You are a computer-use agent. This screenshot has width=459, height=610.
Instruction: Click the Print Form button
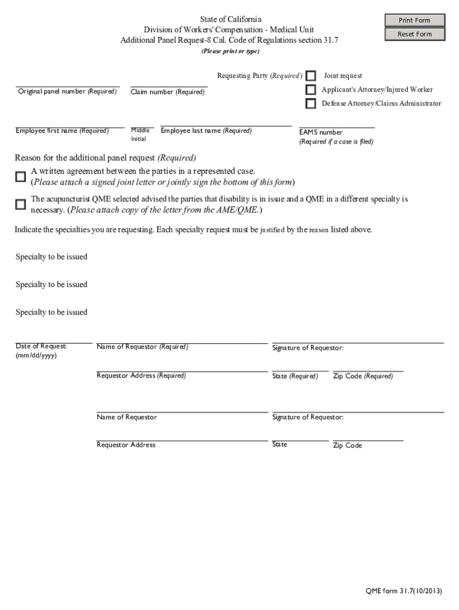tap(414, 20)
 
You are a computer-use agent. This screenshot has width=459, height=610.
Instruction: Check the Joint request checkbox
tap(311, 76)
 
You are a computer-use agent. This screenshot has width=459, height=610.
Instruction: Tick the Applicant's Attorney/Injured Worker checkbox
tap(311, 90)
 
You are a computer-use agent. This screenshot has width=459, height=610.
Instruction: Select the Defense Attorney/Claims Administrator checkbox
tap(311, 104)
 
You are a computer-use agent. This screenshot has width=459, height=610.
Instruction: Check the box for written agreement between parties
tap(21, 177)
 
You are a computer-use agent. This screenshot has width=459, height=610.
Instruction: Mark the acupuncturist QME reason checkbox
tap(21, 204)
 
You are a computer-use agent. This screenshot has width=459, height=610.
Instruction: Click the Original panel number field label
tap(67, 92)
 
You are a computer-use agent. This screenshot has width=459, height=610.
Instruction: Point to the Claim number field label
tap(168, 92)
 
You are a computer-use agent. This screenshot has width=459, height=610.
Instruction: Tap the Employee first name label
tap(62, 131)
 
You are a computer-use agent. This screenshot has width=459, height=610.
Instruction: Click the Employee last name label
tap(206, 131)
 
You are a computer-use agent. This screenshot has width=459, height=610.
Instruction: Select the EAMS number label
tap(321, 132)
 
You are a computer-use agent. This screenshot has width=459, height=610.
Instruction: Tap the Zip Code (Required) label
tap(362, 376)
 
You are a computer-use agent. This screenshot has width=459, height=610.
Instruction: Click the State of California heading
tap(231, 20)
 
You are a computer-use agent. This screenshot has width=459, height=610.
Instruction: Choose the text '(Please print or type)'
tap(230, 51)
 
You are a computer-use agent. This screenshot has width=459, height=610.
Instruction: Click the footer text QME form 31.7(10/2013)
tap(404, 591)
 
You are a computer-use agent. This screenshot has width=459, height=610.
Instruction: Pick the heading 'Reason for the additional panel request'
tap(106, 158)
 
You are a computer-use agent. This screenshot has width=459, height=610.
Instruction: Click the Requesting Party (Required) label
tap(259, 76)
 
